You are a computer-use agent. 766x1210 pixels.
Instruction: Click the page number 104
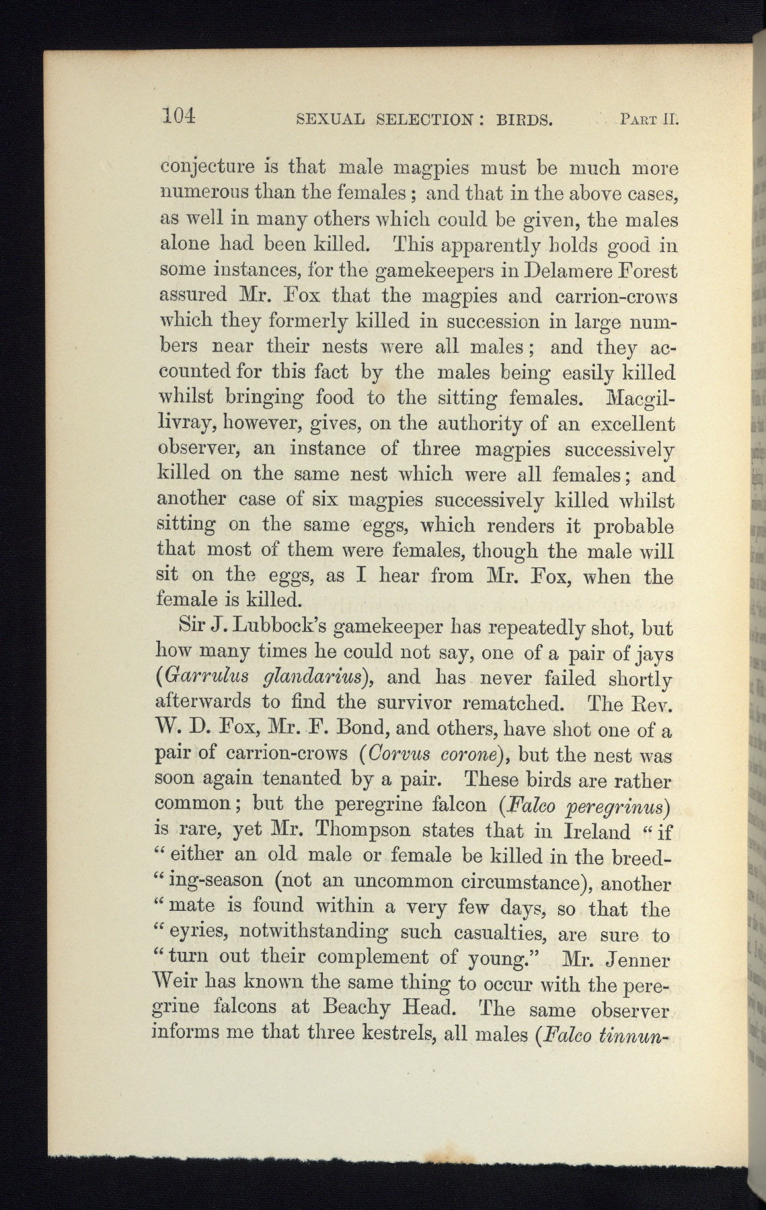click(178, 116)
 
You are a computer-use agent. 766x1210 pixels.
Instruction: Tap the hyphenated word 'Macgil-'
click(642, 398)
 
